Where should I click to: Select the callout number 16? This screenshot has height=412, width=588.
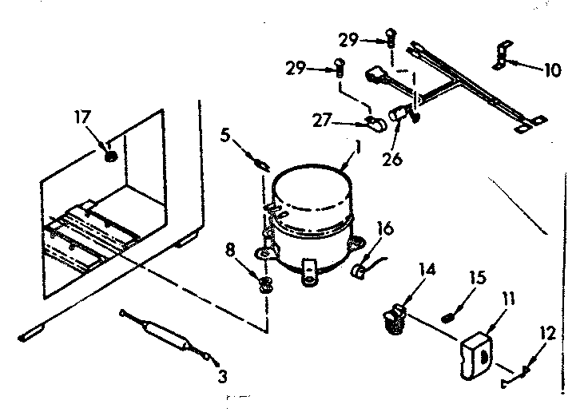point(384,229)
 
